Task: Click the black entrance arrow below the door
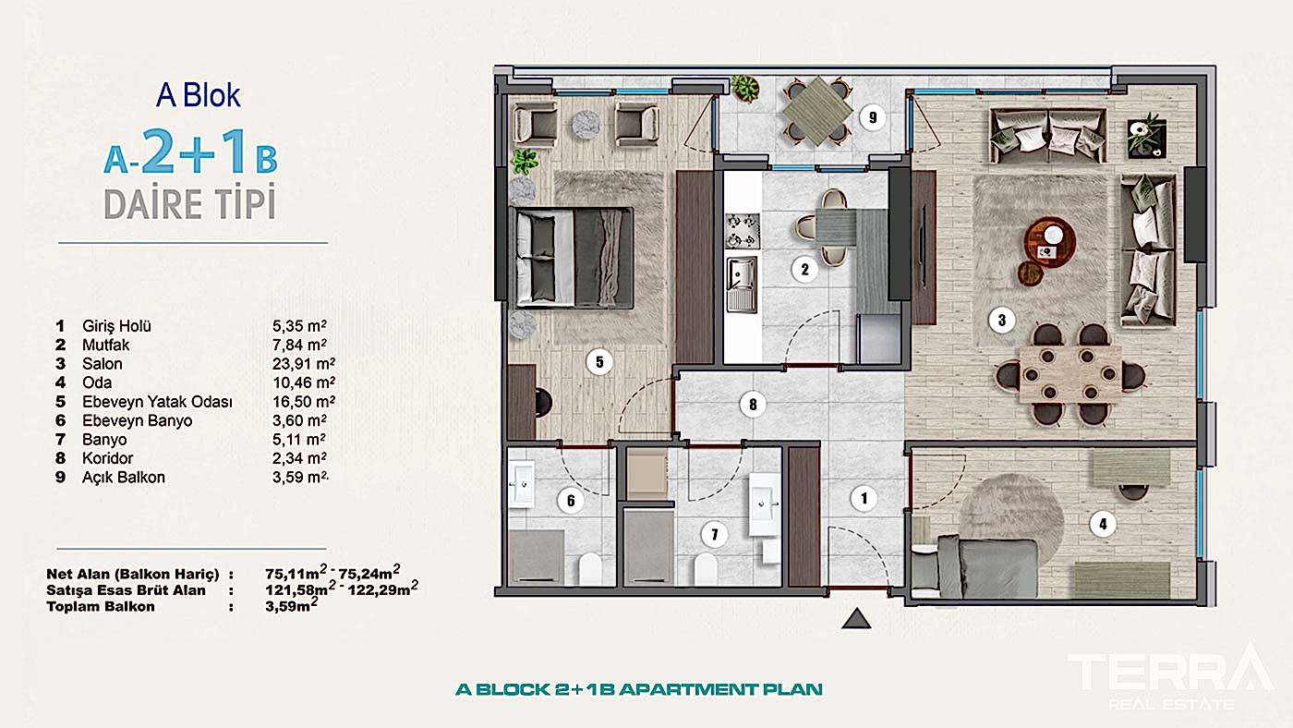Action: [x=857, y=619]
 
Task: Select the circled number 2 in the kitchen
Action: [x=804, y=270]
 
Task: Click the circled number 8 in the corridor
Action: [x=754, y=403]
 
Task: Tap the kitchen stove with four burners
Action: [x=741, y=232]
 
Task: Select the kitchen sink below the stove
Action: [x=741, y=284]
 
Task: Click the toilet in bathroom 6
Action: [x=589, y=567]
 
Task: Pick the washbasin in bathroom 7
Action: [x=765, y=504]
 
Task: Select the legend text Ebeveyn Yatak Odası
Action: [x=157, y=402]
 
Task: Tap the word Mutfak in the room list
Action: [x=105, y=345]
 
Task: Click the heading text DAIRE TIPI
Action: [x=189, y=205]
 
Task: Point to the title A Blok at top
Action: [x=199, y=95]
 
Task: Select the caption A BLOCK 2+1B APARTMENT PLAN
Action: [x=639, y=689]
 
